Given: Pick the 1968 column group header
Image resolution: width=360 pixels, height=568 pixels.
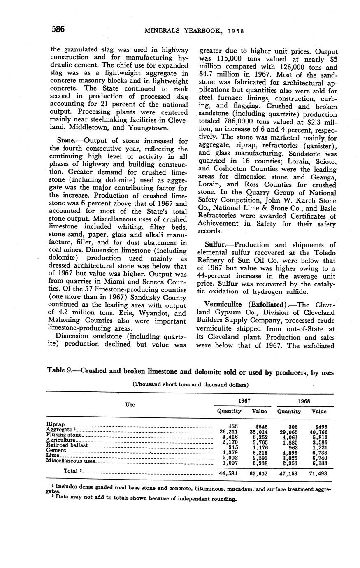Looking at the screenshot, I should point(304,401).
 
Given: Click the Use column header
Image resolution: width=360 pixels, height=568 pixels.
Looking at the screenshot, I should point(130,405).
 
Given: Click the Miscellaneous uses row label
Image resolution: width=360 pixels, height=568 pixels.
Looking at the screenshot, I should point(70,461).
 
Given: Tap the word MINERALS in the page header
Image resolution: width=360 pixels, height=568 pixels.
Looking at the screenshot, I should point(158,31).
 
